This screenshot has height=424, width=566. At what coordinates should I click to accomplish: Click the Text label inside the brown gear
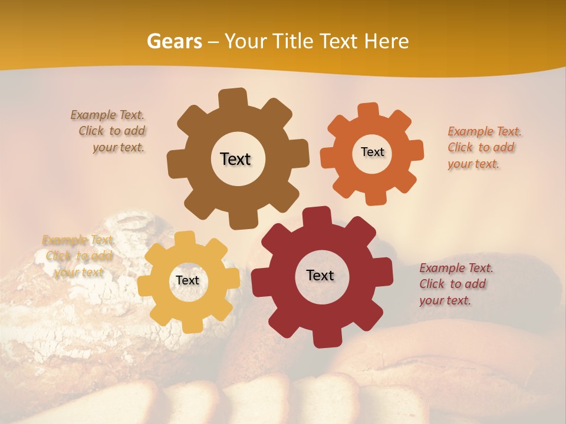click(x=235, y=159)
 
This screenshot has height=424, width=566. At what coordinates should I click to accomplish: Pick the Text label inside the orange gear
click(x=372, y=152)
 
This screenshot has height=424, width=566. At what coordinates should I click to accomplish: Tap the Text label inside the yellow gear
click(x=187, y=280)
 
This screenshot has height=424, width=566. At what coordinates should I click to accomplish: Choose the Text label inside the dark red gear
click(x=320, y=275)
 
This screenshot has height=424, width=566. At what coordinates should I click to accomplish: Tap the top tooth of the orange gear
click(x=368, y=111)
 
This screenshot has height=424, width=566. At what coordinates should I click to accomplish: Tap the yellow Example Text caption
click(x=78, y=256)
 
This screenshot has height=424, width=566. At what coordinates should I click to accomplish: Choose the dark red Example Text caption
click(x=455, y=284)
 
